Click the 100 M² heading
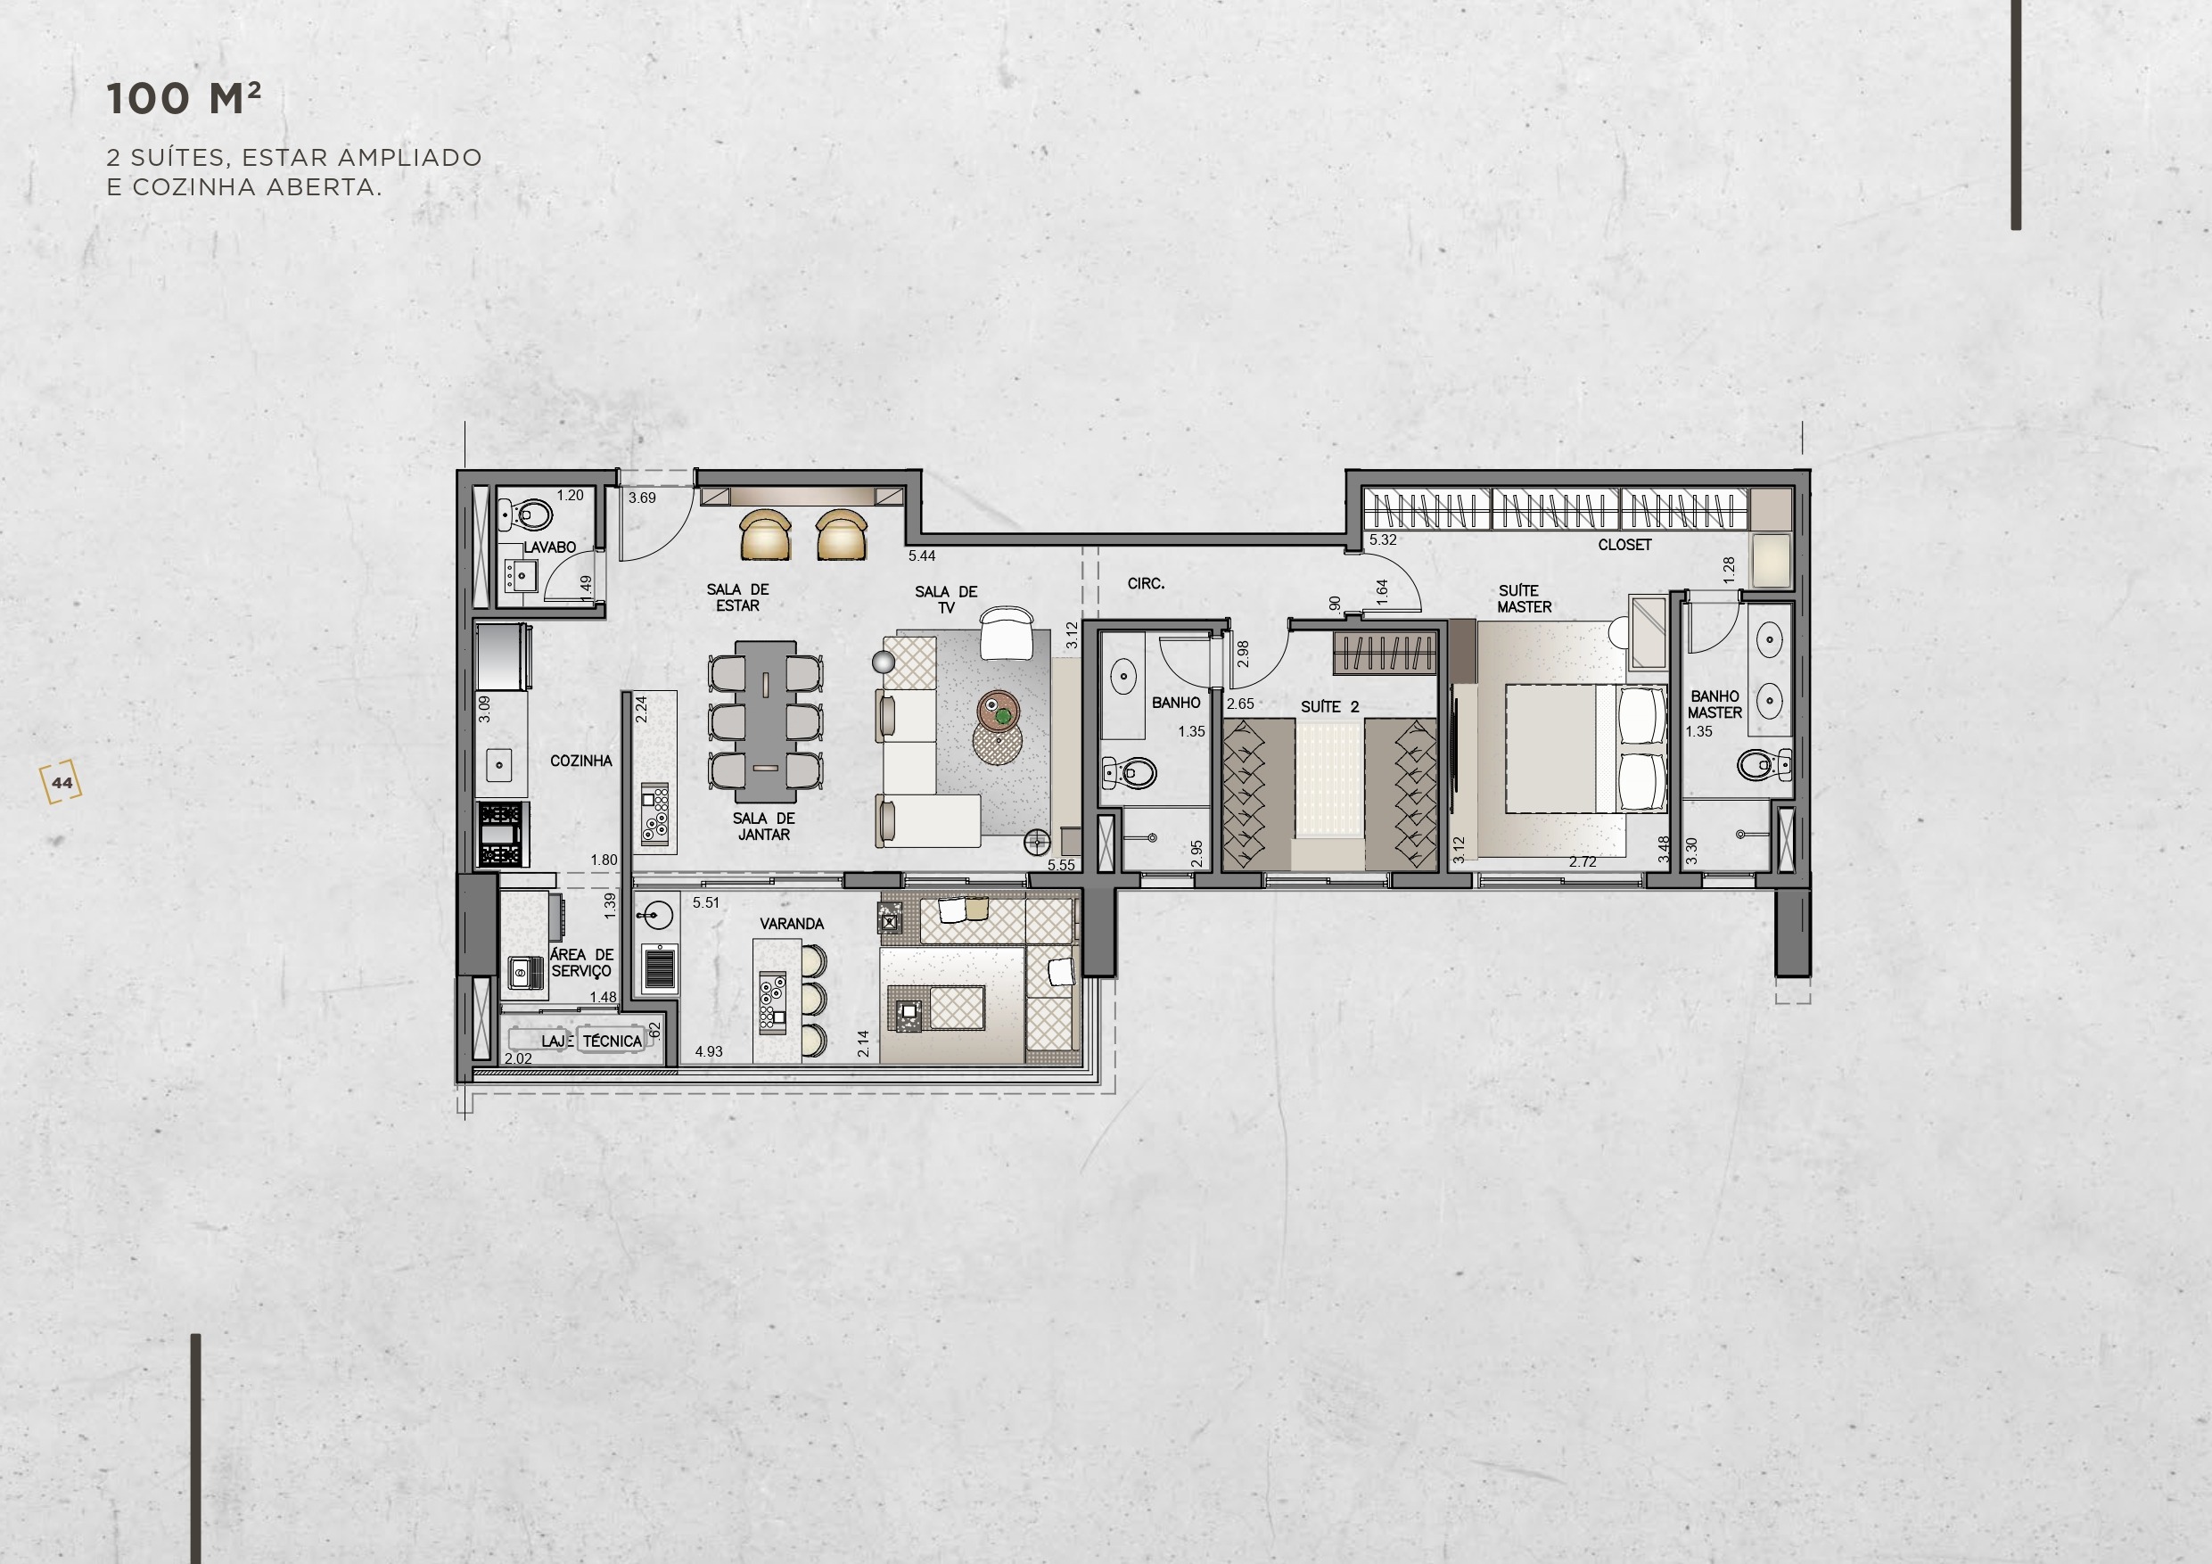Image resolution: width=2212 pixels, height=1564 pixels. (183, 99)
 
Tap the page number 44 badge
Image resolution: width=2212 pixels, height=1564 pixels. (62, 783)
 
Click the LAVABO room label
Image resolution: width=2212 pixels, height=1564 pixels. (549, 547)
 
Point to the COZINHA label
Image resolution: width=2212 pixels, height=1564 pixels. (581, 761)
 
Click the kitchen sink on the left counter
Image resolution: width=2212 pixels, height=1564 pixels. (499, 765)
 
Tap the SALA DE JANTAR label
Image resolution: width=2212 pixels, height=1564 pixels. (763, 827)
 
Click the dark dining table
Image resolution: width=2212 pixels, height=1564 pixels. (766, 721)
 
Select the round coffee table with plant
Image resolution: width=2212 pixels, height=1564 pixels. (998, 713)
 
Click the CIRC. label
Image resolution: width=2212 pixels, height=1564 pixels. (1146, 584)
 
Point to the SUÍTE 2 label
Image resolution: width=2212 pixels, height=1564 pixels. (1329, 707)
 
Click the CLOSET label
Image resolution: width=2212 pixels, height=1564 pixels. (1624, 546)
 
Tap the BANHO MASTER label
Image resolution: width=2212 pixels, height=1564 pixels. (1715, 704)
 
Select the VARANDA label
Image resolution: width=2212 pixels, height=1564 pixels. (792, 924)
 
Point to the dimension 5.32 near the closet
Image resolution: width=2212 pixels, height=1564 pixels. (1383, 540)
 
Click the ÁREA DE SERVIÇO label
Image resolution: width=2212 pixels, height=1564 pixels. (581, 963)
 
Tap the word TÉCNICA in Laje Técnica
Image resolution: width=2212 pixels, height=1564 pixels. (612, 1041)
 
